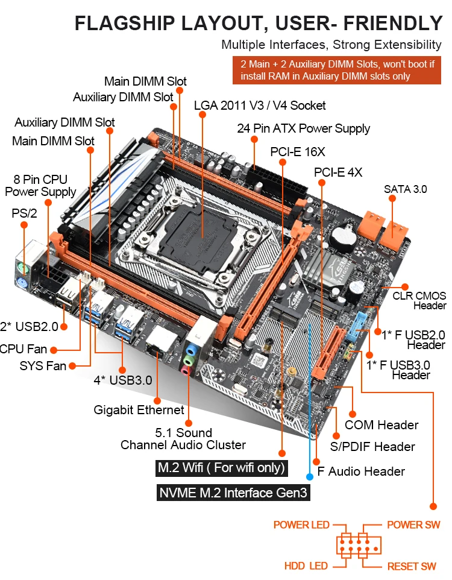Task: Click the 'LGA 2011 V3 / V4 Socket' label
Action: pos(260,106)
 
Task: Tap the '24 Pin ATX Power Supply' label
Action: pos(303,128)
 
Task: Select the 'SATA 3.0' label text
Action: pos(405,189)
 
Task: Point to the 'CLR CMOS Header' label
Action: pos(419,300)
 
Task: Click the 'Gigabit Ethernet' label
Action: pos(139,410)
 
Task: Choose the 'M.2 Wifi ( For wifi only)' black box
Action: pos(221,468)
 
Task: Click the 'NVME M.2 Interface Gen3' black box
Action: pos(233,493)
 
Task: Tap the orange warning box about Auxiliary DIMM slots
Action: pos(337,70)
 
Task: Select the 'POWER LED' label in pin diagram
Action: pos(301,525)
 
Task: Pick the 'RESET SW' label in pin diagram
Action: pos(412,566)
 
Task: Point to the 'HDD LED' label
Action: pos(306,566)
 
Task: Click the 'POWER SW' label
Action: pos(413,525)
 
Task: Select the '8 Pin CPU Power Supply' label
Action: pos(40,186)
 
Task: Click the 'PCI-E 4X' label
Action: pos(338,172)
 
